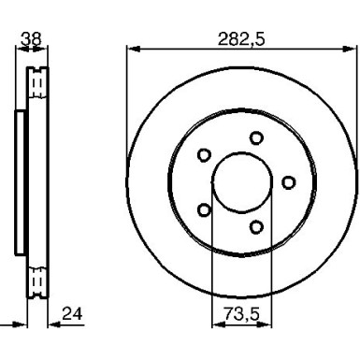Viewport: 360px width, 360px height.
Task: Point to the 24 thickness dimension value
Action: coord(71,313)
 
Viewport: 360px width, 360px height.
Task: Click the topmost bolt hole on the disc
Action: coord(255,138)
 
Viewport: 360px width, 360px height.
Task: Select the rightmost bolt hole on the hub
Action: coord(288,181)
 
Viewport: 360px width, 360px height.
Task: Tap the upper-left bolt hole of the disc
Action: coord(204,155)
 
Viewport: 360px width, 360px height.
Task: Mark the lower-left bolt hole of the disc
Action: coord(204,209)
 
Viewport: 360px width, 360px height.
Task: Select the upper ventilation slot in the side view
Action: coord(37,87)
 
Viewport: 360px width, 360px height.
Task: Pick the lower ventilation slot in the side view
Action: coord(37,278)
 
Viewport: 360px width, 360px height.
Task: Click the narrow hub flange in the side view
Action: coord(20,181)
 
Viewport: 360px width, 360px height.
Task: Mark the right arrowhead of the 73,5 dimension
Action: coord(268,324)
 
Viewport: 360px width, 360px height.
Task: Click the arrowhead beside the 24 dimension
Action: coord(52,324)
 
